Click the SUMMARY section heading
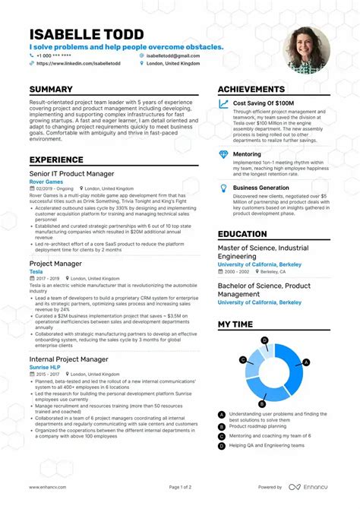(x=51, y=90)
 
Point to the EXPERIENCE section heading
(x=56, y=160)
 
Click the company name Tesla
(x=36, y=271)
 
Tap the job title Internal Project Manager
(x=69, y=359)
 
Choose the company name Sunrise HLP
(x=46, y=367)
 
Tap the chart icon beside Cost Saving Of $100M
(x=223, y=103)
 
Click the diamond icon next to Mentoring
(x=223, y=154)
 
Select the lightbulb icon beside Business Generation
(x=223, y=188)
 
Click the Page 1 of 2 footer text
(x=179, y=487)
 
